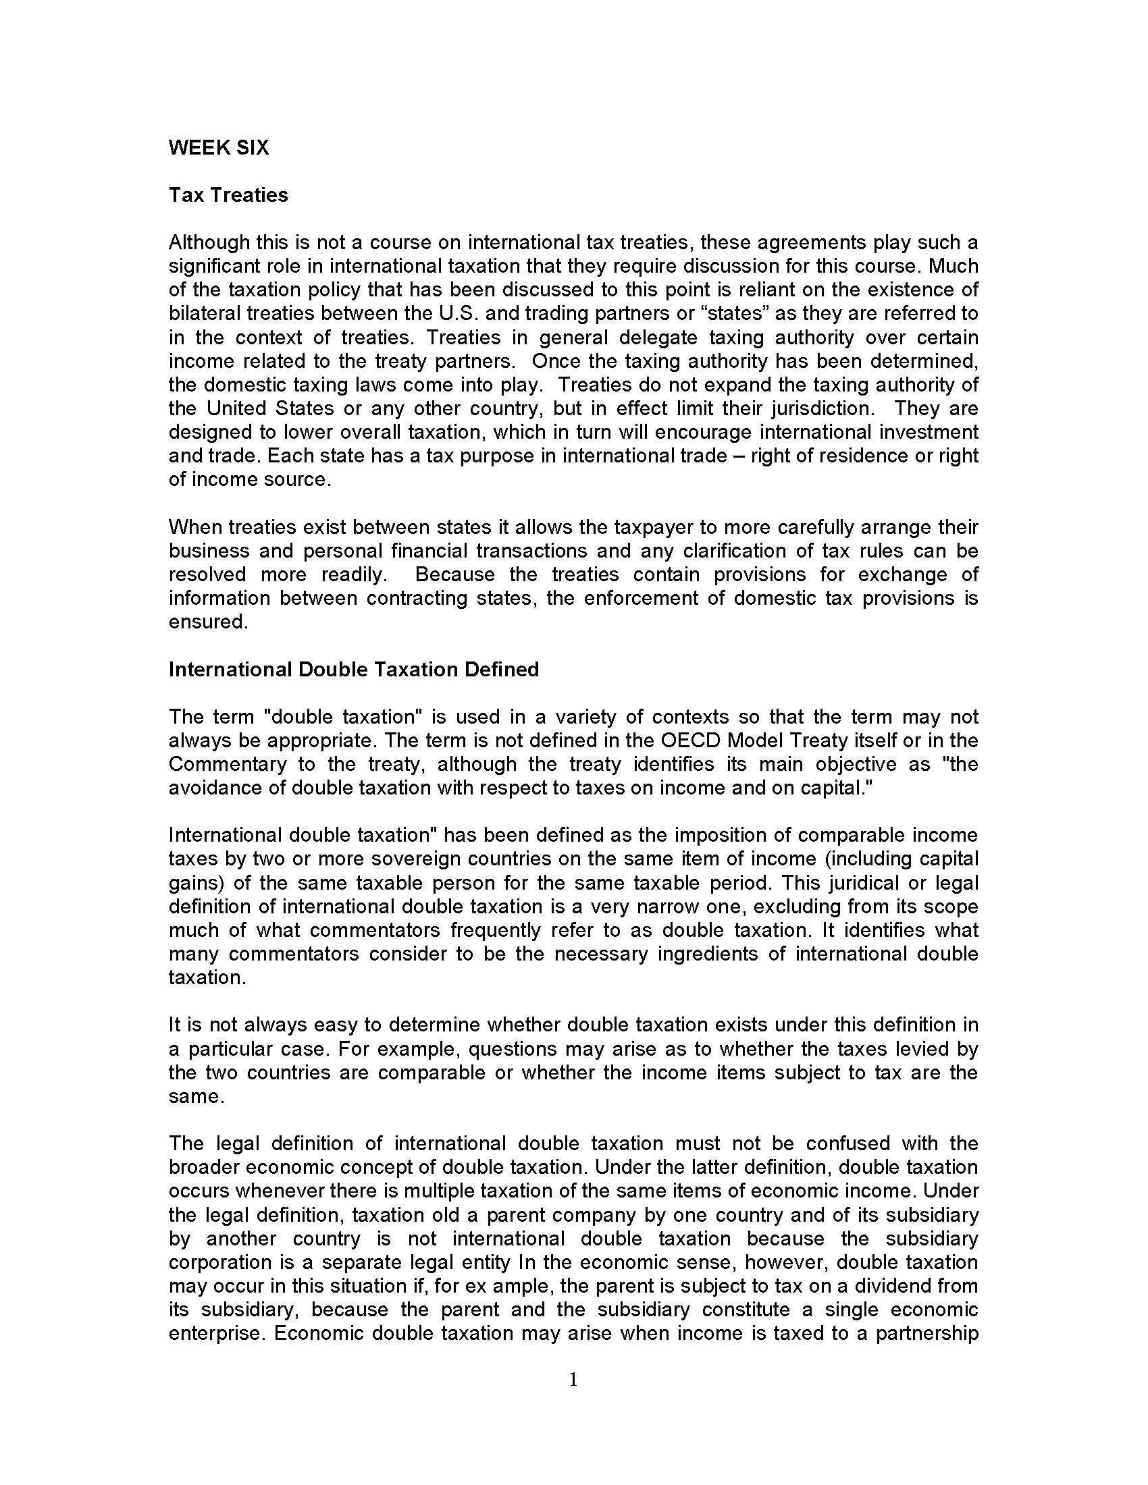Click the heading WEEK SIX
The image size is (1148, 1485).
[218, 148]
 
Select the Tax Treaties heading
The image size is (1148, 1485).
[228, 195]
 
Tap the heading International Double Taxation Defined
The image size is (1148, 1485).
[354, 670]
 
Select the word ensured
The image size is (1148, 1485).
[207, 622]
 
